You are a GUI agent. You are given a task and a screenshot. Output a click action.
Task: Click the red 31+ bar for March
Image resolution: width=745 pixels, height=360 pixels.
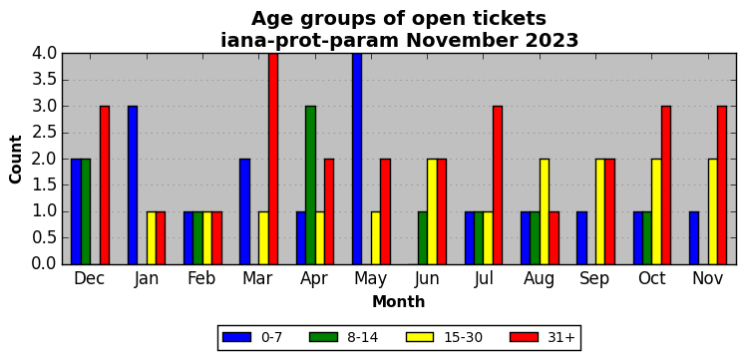tap(272, 159)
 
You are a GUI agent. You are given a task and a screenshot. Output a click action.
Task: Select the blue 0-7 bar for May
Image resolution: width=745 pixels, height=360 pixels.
tap(357, 159)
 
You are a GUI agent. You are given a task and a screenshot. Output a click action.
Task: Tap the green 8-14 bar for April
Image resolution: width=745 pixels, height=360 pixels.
tap(310, 185)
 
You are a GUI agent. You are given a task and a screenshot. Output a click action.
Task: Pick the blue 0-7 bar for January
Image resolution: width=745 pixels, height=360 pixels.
tap(133, 185)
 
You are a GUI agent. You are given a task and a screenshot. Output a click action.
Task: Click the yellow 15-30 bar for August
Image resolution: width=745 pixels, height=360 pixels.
tap(545, 211)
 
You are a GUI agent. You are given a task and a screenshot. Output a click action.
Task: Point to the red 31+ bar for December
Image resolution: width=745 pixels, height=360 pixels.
tap(105, 185)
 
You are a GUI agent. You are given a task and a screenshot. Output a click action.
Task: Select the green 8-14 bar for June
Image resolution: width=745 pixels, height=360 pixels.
tap(423, 238)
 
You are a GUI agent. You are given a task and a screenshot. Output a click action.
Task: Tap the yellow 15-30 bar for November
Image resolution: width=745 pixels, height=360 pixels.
tap(713, 211)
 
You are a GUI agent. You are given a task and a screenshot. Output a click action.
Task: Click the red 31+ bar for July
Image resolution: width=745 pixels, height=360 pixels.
tap(498, 185)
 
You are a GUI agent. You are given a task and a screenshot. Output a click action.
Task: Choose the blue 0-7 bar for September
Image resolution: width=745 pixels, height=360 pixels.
tap(582, 238)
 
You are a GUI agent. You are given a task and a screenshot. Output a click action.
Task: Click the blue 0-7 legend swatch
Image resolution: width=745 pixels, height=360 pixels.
tap(236, 337)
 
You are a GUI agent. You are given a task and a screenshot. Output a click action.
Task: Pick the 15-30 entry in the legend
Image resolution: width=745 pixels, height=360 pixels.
tap(444, 337)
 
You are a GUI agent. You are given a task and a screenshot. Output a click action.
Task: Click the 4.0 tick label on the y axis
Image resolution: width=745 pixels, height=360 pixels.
tap(44, 54)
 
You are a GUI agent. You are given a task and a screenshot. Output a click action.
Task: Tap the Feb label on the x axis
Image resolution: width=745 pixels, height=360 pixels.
tap(201, 278)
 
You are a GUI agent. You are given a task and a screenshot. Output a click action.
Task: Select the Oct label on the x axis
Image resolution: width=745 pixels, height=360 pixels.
tap(652, 278)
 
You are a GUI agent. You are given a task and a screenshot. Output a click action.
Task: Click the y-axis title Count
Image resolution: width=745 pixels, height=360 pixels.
tap(16, 160)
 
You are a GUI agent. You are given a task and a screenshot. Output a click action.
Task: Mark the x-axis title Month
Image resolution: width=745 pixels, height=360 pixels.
tap(399, 301)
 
